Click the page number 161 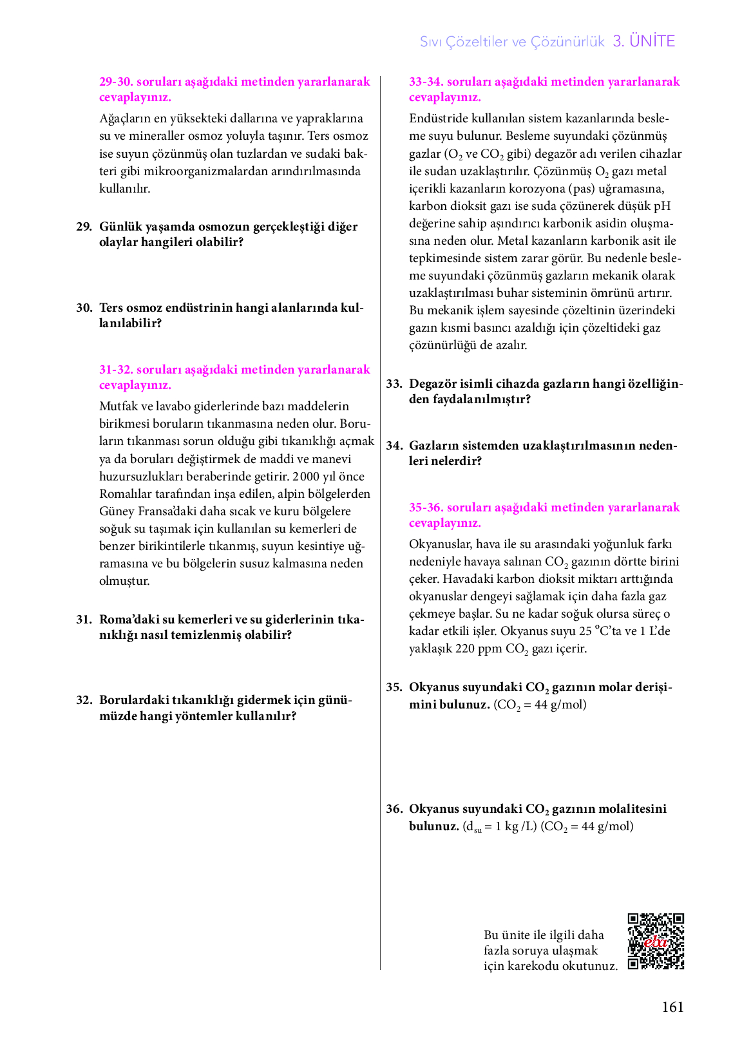coord(672,1007)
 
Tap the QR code coord(656,941)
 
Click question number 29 coord(84,227)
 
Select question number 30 coord(84,308)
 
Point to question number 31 coord(84,620)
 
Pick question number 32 coord(84,700)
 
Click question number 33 coord(394,384)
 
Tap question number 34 coord(394,446)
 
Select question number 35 coord(394,687)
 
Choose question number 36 coord(394,809)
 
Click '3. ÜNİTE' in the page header coord(643,41)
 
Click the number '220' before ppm coord(465,649)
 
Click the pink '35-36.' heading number coord(426,508)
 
